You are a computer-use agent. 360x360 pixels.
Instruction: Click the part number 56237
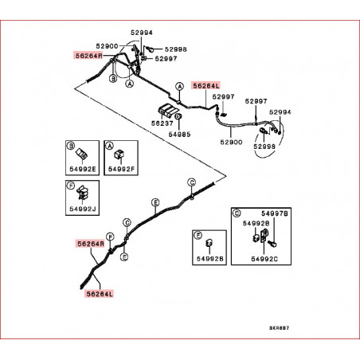tap(162, 123)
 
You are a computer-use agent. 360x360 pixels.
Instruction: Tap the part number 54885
tap(179, 135)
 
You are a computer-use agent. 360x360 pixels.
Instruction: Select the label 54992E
tap(83, 169)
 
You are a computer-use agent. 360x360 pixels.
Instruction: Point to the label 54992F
tap(121, 169)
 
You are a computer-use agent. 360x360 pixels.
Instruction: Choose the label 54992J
tap(83, 209)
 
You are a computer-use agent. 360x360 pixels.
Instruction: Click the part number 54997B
tap(275, 213)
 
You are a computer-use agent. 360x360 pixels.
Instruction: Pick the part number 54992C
tap(264, 259)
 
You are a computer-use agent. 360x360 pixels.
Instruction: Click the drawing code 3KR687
tap(279, 328)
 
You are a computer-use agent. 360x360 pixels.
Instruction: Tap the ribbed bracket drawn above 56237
tap(168, 110)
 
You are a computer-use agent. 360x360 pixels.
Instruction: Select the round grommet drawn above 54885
tap(178, 116)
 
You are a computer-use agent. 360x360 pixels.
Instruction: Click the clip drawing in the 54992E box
tap(83, 154)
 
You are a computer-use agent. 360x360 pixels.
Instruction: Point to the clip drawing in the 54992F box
tap(119, 154)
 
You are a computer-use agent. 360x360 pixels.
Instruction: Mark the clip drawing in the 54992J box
tap(83, 193)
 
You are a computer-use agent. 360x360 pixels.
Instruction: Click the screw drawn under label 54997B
tap(272, 243)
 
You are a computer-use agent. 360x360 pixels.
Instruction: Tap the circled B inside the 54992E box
tap(71, 146)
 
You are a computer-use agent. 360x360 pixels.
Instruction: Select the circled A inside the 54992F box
tap(109, 146)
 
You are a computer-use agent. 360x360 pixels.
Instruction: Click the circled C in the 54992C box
tap(237, 213)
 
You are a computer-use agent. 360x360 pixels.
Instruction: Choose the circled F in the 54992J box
tap(71, 186)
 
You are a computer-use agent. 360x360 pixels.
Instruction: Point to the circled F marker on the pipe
tap(110, 237)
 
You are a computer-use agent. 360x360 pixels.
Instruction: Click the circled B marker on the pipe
tap(113, 79)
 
